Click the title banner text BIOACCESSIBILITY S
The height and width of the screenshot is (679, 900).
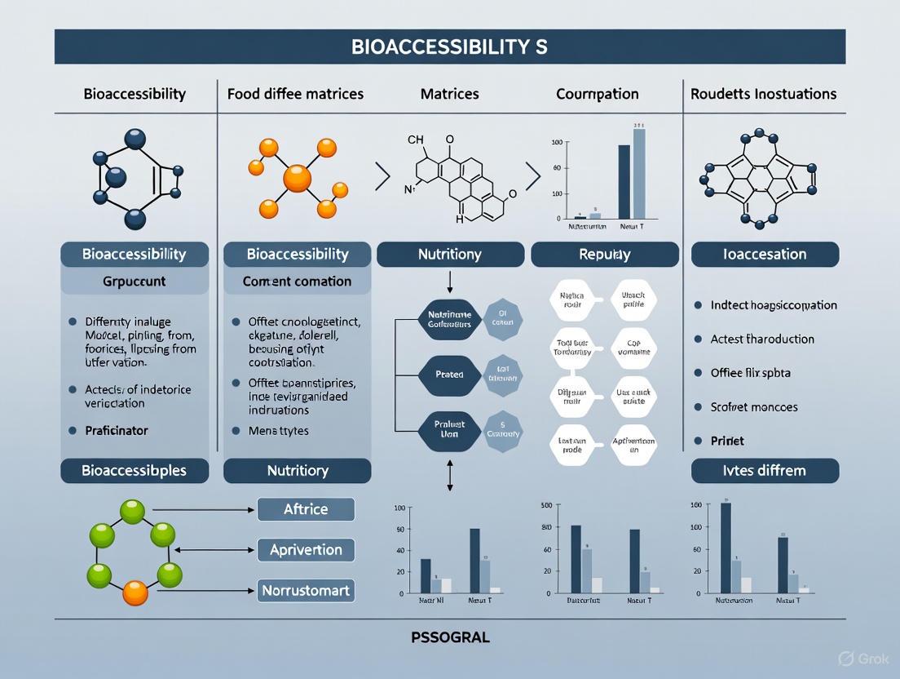point(449,47)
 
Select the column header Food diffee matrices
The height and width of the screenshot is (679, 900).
point(294,94)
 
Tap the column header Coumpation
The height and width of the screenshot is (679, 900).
point(598,94)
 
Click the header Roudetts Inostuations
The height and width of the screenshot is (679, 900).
point(763,94)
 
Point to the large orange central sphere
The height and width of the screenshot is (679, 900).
point(297,177)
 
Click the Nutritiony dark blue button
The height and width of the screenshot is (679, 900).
point(449,255)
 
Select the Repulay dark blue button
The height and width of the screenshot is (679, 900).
point(604,255)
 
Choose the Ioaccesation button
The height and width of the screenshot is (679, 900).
point(765,255)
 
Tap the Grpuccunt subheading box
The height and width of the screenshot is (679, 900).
point(135,282)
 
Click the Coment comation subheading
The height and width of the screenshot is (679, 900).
point(297,282)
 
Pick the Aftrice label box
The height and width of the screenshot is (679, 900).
point(306,509)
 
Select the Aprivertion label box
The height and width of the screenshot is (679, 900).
point(306,550)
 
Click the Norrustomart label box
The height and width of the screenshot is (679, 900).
point(306,589)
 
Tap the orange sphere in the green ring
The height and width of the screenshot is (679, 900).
point(135,592)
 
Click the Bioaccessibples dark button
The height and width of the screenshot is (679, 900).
point(135,471)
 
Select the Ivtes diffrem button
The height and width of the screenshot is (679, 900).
point(765,471)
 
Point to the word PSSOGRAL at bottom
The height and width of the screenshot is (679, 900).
point(450,637)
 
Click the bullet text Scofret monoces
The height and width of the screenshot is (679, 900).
point(754,406)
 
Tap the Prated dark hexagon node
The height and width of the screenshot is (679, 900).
point(449,375)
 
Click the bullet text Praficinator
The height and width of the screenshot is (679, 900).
point(117,430)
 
